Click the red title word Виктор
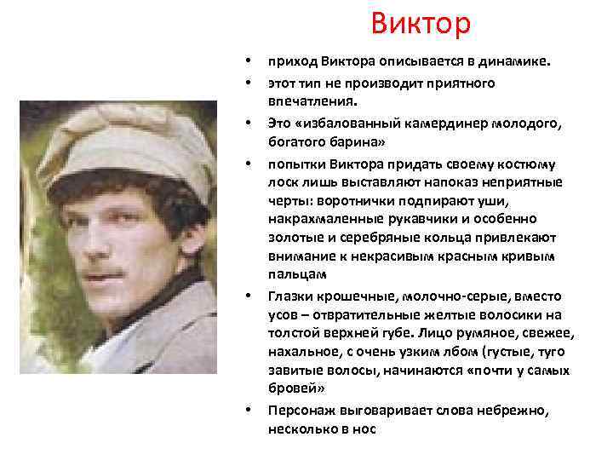(420, 23)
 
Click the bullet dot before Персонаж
(248, 411)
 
